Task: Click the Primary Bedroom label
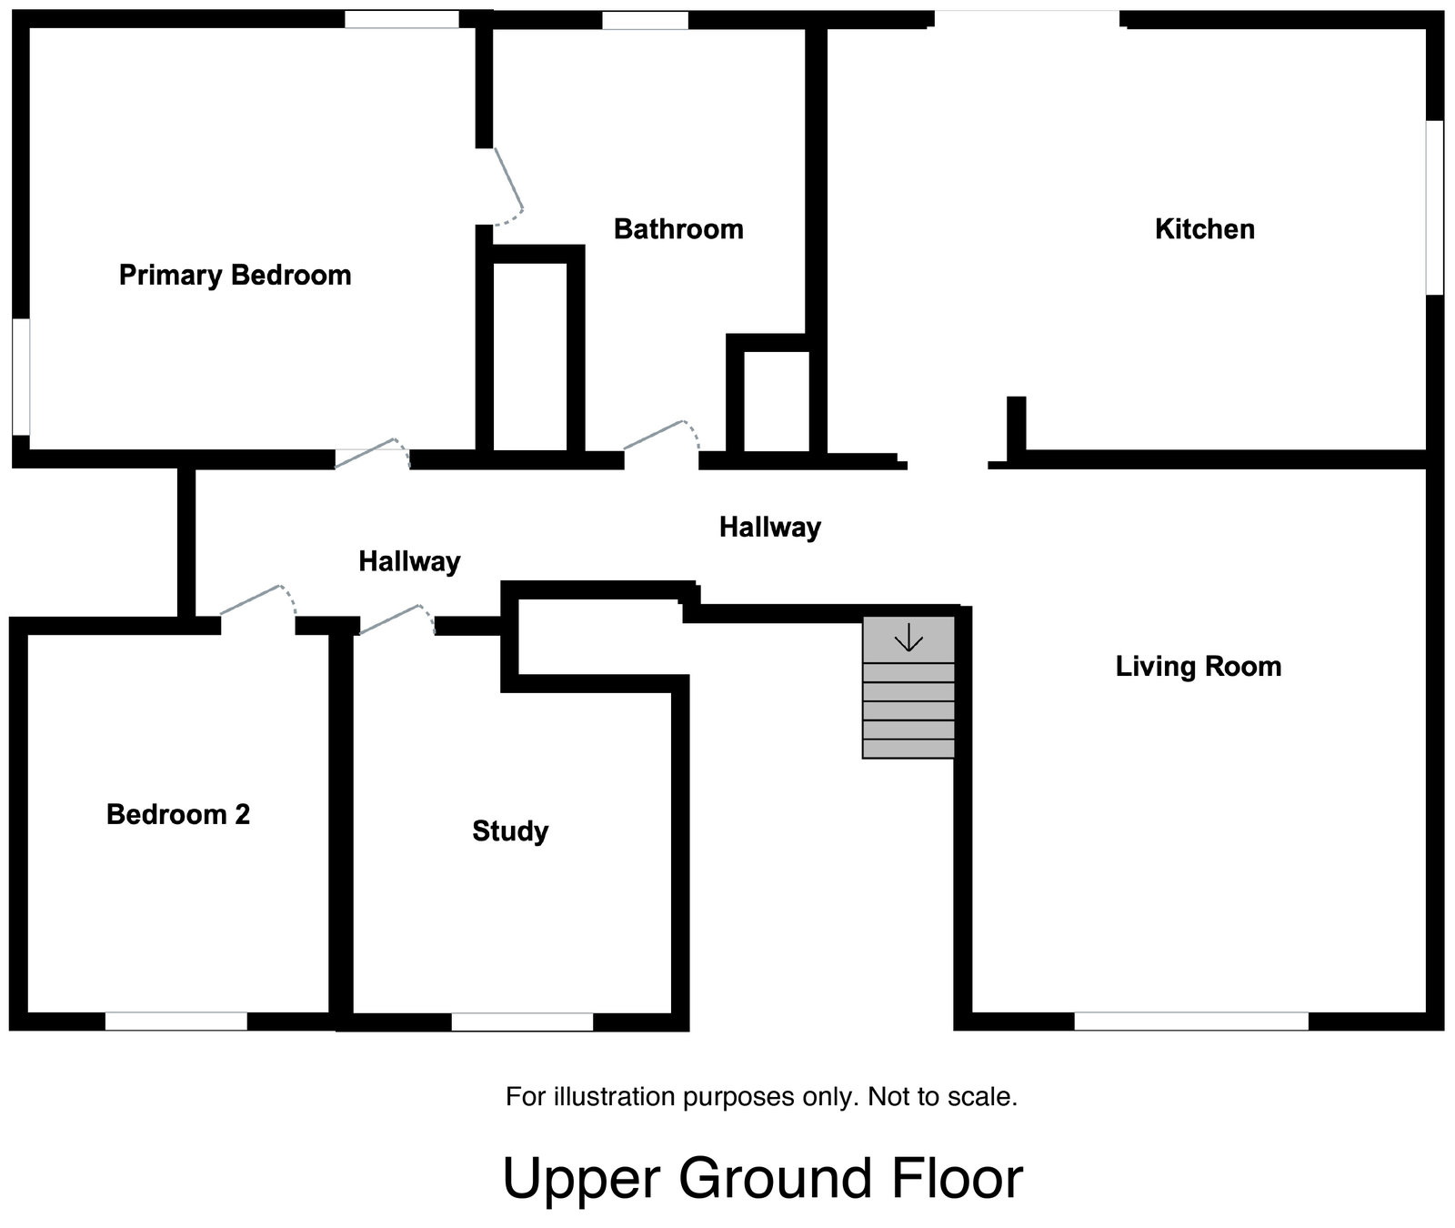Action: click(235, 275)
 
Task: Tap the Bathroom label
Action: click(678, 229)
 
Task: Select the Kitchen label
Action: click(1204, 229)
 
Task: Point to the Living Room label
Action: click(1198, 667)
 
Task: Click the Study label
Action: click(510, 831)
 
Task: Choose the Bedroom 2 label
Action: click(178, 814)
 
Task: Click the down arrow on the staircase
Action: click(908, 640)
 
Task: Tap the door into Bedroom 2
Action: click(257, 604)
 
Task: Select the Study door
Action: click(396, 619)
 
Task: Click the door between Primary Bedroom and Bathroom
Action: click(507, 186)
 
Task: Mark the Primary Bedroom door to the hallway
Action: click(371, 454)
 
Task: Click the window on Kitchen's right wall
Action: click(1434, 207)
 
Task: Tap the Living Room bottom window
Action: click(1190, 1021)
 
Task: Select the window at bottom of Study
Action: click(522, 1022)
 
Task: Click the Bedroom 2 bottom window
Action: click(176, 1021)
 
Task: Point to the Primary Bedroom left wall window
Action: click(20, 376)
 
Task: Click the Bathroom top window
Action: click(645, 20)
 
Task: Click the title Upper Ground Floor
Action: click(762, 1178)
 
